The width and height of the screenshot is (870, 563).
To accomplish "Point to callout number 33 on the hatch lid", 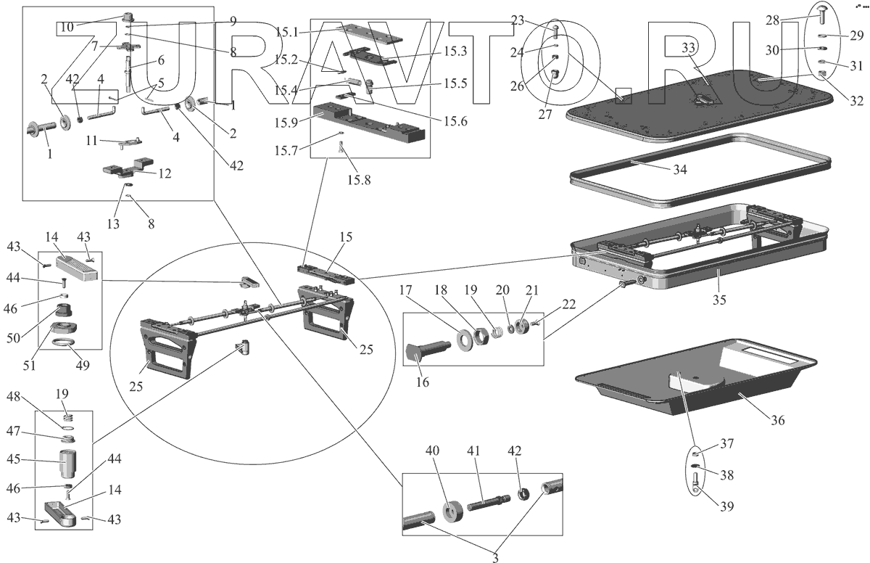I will pyautogui.click(x=688, y=48).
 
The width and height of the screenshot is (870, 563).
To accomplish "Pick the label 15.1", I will pyautogui.click(x=289, y=32).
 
